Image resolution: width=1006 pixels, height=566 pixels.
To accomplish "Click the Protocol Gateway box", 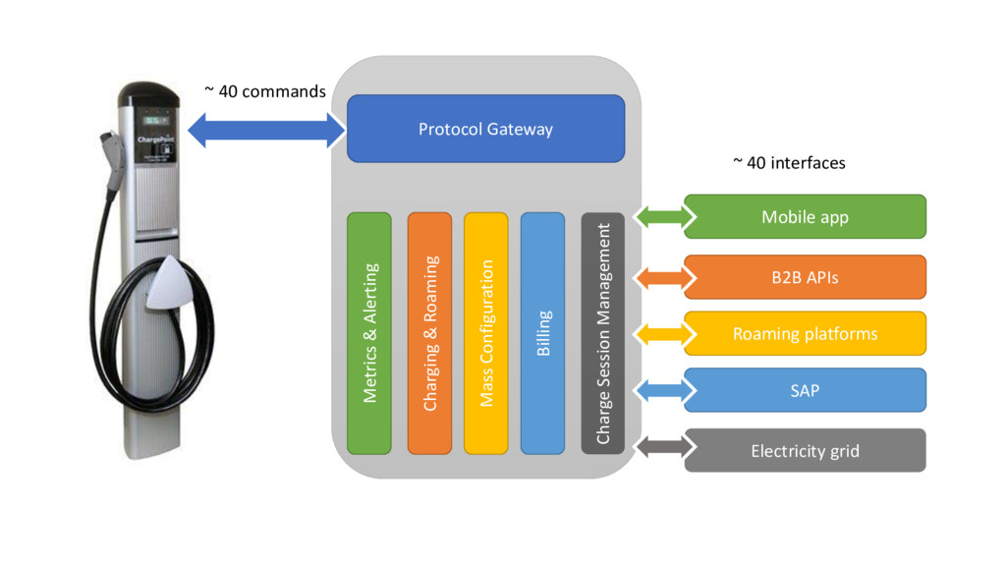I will tap(485, 129).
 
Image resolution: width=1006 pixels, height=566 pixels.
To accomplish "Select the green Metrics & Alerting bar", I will tap(369, 332).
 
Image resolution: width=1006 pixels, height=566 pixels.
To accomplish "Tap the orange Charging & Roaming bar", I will tap(429, 332).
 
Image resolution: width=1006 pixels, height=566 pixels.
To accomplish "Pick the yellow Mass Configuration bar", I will tap(485, 332).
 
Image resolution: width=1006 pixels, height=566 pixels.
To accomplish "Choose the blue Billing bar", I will tap(542, 332).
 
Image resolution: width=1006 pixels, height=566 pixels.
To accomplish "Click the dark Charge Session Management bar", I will tap(603, 332).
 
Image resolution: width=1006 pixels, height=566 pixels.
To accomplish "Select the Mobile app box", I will tap(805, 217).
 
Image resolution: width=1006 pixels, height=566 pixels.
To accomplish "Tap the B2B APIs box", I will tap(805, 277).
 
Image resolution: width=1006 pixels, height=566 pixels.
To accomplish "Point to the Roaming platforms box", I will tap(805, 334).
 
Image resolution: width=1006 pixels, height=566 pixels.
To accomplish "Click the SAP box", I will tap(805, 390).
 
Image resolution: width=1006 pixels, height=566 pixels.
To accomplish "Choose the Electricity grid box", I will tap(805, 451).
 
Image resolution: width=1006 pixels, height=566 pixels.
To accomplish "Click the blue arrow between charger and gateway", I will tap(266, 130).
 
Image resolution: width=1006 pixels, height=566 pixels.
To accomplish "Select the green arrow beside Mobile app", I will tap(660, 217).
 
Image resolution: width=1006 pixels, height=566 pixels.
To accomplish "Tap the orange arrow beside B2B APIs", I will tap(660, 277).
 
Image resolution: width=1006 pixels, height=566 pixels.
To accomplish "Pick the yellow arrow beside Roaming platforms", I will tap(660, 334).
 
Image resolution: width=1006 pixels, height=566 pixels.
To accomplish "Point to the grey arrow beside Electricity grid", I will tap(660, 448).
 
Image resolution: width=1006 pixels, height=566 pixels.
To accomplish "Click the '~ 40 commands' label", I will tap(264, 91).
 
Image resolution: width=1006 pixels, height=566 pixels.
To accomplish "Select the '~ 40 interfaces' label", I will tap(789, 163).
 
